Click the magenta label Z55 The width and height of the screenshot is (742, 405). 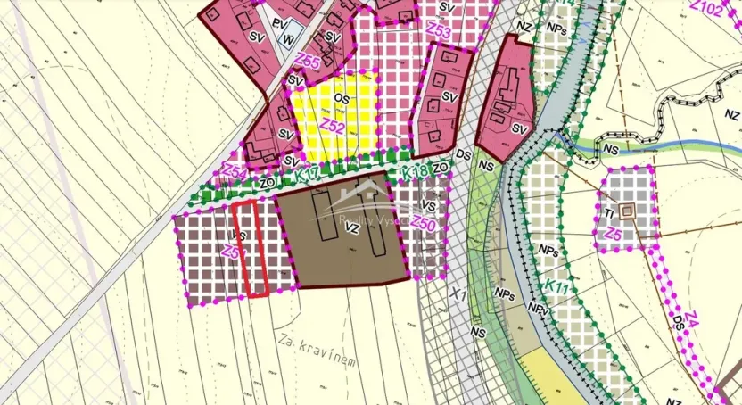(309, 62)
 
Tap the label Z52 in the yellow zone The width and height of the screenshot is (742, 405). (333, 127)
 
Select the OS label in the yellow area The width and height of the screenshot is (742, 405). (340, 98)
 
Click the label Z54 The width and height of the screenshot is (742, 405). (235, 169)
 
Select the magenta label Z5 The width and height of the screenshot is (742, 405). (612, 234)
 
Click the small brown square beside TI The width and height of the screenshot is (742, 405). (629, 211)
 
